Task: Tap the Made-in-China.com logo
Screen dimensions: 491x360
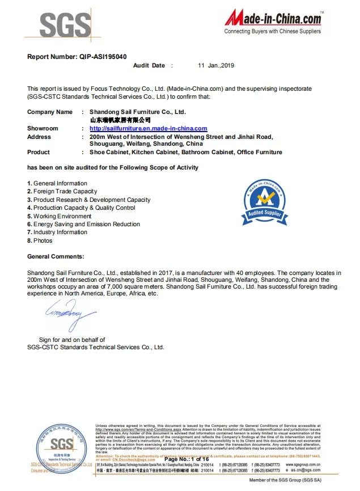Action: click(x=273, y=22)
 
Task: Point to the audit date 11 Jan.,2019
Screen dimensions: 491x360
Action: click(x=216, y=66)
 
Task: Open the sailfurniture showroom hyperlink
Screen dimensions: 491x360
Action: click(x=149, y=129)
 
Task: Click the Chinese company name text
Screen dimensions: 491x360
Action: click(x=120, y=120)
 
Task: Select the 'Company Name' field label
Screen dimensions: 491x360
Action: click(x=50, y=112)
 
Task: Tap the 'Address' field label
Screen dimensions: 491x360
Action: click(x=39, y=137)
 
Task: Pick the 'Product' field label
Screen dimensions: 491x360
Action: click(x=39, y=152)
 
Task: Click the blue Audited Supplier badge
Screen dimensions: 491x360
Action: click(x=264, y=202)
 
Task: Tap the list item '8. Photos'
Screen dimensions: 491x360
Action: click(x=40, y=240)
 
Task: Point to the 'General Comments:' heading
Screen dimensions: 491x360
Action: click(x=56, y=257)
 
